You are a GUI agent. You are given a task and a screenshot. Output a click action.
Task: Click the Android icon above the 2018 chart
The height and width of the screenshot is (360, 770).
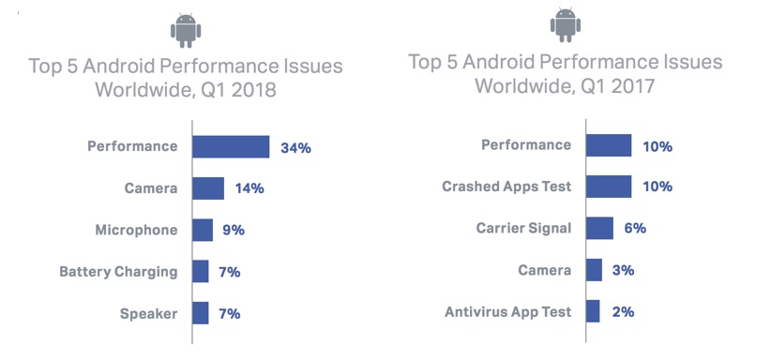185,31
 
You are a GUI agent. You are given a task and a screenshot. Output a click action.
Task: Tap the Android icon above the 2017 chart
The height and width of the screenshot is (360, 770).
566,25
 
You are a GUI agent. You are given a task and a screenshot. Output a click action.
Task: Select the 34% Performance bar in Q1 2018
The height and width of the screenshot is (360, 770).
232,147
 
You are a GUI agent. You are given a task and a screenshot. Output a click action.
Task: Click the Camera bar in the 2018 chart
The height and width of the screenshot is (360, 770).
208,188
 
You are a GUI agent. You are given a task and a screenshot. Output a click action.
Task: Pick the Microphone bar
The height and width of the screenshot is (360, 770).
203,230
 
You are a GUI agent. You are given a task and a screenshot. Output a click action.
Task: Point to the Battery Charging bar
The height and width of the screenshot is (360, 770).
201,272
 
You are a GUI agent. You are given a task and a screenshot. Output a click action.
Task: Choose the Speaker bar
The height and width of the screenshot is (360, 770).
201,313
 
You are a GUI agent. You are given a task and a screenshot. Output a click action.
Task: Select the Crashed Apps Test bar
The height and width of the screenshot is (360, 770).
609,187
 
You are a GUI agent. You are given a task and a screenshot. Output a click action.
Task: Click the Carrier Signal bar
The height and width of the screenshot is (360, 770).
600,228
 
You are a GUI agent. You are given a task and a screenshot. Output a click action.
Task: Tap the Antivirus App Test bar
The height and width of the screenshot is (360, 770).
593,311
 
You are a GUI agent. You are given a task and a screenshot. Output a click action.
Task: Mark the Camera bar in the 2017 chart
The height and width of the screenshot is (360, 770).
595,270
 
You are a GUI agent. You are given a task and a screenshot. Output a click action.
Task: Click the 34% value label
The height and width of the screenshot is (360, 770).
295,147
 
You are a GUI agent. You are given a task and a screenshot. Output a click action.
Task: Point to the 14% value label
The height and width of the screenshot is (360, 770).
249,188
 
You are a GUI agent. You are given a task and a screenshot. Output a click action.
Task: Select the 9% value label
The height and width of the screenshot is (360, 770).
234,230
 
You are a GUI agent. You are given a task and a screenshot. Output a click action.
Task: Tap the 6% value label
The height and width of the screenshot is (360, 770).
634,228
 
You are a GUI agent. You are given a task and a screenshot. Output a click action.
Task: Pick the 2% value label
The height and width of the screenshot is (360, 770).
622,311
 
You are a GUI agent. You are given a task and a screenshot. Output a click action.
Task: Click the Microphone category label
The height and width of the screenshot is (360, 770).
136,230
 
